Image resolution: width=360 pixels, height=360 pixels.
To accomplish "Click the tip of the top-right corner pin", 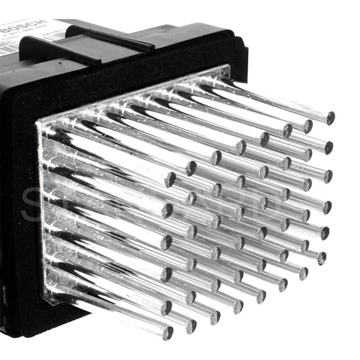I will click(x=330, y=118).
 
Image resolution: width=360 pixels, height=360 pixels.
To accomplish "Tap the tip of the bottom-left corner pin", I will click(x=167, y=333).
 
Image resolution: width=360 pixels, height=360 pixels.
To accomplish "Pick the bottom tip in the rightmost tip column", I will click(x=321, y=258).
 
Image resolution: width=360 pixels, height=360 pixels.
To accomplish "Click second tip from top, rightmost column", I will click(x=329, y=147).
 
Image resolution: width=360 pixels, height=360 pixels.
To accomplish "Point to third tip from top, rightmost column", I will click(x=328, y=176).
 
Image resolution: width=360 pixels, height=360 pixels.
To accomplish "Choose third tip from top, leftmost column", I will click(x=166, y=243).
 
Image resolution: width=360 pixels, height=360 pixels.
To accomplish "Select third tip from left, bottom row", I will click(x=215, y=317).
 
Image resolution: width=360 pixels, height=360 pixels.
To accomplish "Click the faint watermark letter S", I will click(x=31, y=205).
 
